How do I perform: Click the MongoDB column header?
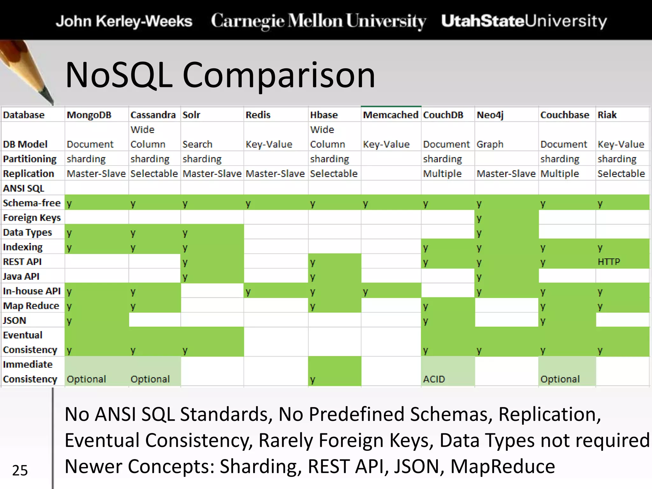tap(89, 115)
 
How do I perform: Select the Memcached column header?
tap(390, 115)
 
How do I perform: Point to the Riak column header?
tap(607, 115)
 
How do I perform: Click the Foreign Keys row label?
tap(32, 218)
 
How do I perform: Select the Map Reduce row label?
tap(31, 306)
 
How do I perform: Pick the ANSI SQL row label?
tap(24, 188)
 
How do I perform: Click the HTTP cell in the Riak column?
tap(609, 262)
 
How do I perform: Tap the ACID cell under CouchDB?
tap(434, 379)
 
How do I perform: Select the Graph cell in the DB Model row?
tap(490, 145)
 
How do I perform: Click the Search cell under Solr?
tap(197, 145)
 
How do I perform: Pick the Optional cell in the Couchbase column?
tap(560, 379)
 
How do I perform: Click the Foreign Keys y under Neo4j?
tap(479, 218)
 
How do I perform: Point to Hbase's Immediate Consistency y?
tap(313, 379)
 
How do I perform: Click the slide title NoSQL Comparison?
tap(220, 75)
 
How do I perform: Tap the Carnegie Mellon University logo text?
tap(318, 21)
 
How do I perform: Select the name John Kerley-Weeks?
tap(124, 21)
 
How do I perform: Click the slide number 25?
tap(20, 470)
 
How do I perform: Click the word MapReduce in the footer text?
tap(503, 466)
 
